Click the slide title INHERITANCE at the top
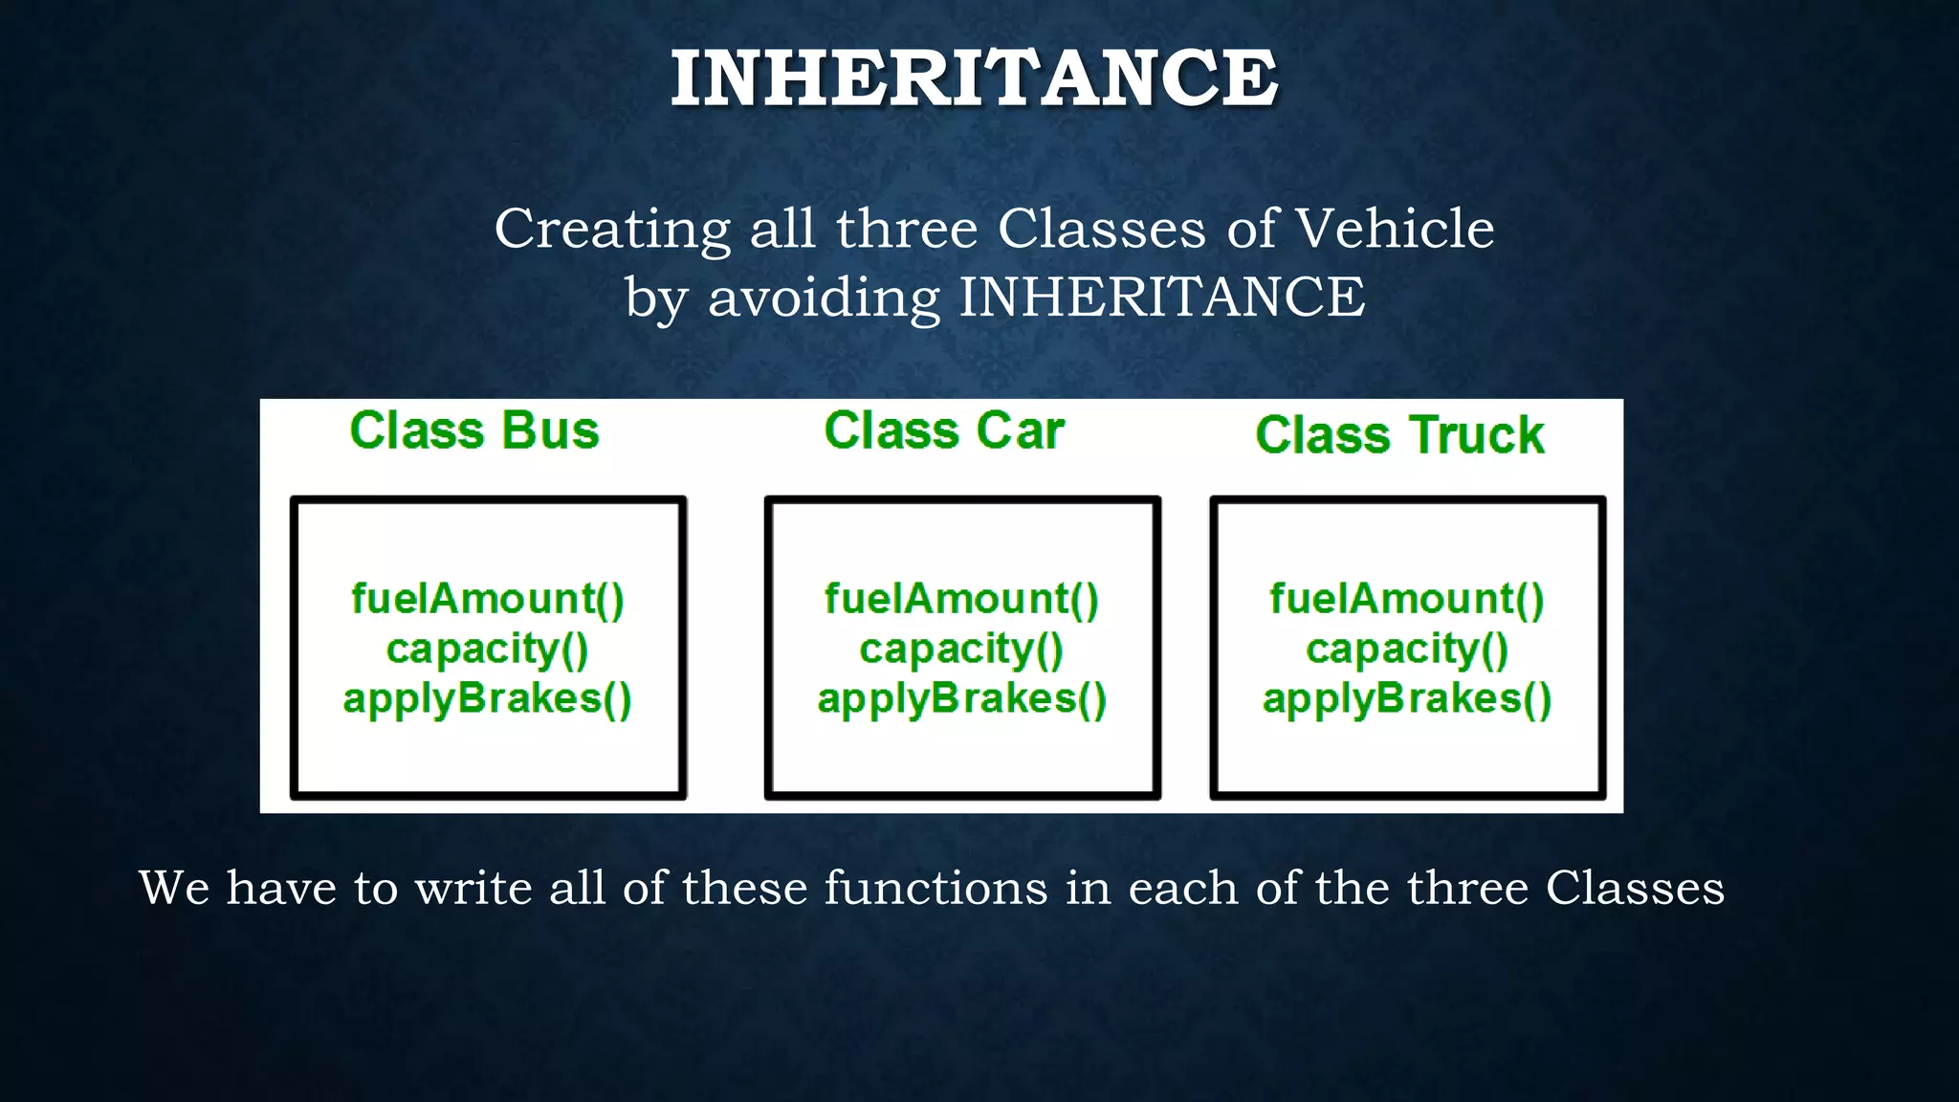974,78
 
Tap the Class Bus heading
474,430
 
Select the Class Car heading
944,430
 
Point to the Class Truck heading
1399,435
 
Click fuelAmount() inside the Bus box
488,599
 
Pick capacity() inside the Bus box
488,649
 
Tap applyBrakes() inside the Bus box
488,698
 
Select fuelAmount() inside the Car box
962,599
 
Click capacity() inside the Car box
962,649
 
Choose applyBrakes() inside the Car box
962,698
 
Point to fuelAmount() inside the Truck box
1407,599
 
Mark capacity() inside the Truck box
1407,649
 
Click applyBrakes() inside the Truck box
1407,698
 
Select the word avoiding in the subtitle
825,298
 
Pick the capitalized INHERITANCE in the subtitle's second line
1162,298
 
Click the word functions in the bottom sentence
936,888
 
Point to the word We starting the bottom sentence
174,888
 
